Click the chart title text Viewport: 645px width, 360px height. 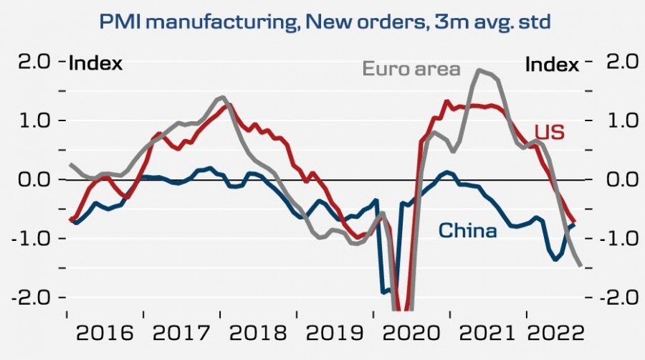click(x=325, y=22)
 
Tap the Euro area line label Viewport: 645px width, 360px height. click(x=411, y=70)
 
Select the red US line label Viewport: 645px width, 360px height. click(x=550, y=132)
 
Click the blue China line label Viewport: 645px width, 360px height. click(x=467, y=231)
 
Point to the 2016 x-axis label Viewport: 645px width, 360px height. click(x=105, y=333)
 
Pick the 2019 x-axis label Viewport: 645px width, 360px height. click(x=334, y=333)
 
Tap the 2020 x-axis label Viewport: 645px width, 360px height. click(x=411, y=333)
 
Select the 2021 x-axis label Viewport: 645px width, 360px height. click(x=487, y=333)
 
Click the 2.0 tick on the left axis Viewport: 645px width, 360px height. click(x=34, y=62)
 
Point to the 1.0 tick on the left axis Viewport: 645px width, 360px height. click(x=34, y=121)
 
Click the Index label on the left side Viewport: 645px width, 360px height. click(x=95, y=64)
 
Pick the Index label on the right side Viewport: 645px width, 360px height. click(x=552, y=65)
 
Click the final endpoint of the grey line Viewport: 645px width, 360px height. click(x=580, y=266)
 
